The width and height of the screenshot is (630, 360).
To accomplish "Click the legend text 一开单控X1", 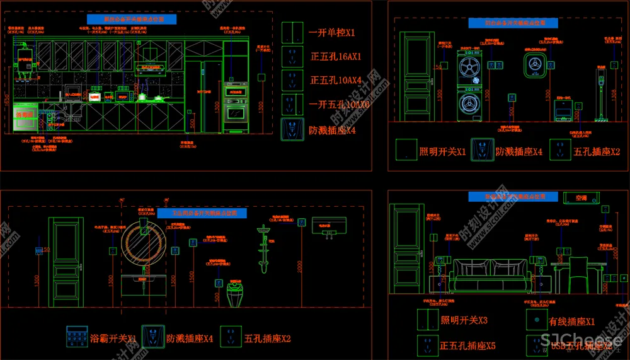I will point(332,32).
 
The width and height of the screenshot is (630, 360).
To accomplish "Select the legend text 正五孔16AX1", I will point(335,56).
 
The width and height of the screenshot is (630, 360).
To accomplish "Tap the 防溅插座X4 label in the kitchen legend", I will point(332,131).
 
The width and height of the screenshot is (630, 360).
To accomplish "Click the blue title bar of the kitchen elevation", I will point(140,20).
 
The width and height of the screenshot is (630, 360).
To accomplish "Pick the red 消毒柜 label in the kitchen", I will point(24,115).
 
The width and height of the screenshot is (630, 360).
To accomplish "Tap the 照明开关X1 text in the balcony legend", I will point(442,152).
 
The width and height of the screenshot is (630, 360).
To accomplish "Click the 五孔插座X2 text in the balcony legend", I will point(596,152).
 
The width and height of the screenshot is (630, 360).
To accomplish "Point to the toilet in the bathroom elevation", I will point(234,296).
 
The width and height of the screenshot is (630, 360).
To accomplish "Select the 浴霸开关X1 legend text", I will point(113,339).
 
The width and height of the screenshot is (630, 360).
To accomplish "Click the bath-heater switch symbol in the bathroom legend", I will point(76,337).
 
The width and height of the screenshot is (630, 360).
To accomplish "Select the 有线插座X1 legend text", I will point(572,322).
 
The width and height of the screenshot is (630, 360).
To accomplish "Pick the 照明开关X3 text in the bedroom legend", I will point(464,321).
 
